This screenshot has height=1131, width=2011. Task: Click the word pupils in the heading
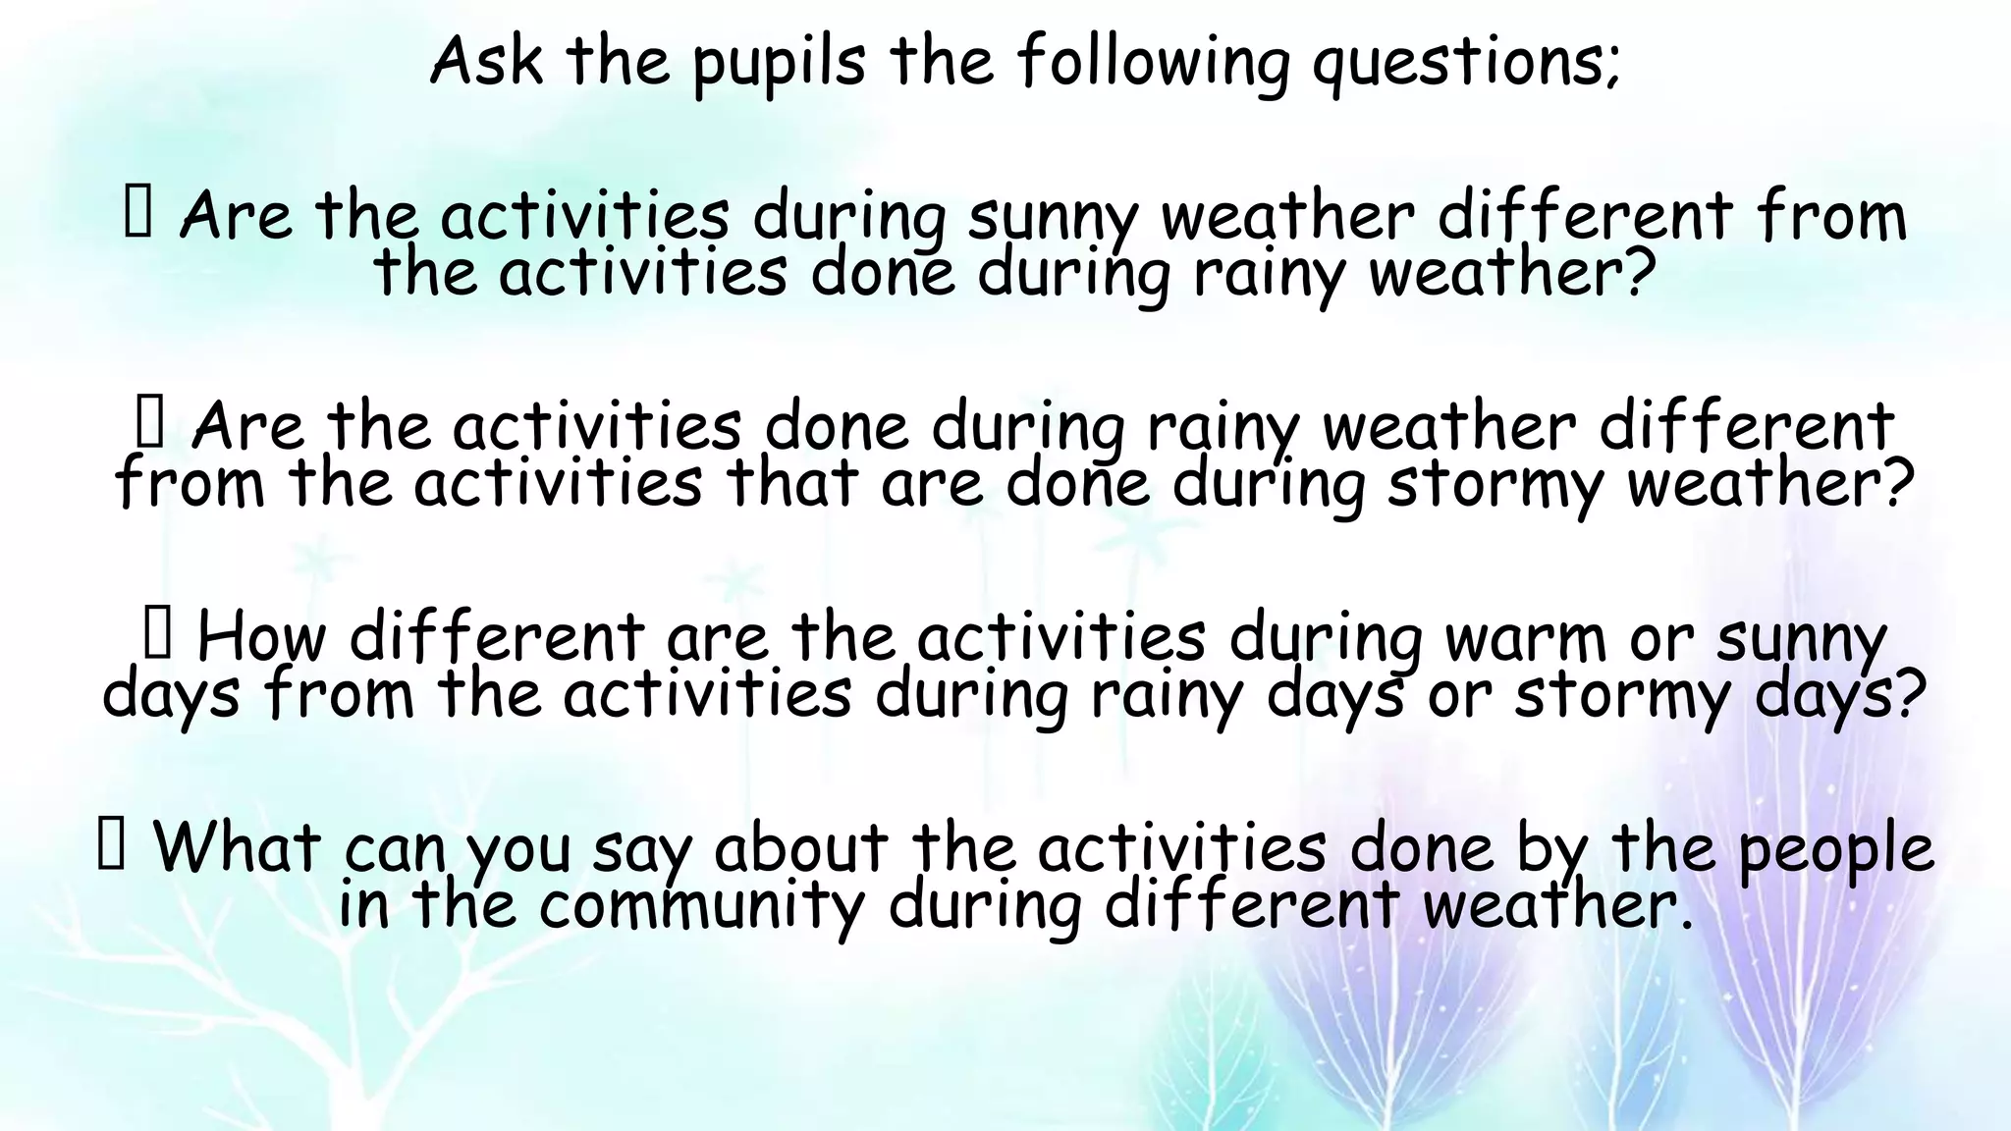778,63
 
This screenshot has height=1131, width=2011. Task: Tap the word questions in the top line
1464,63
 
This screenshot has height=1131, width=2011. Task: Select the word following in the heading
1152,63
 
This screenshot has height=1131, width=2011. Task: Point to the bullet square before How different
158,633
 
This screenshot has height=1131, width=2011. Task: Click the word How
260,637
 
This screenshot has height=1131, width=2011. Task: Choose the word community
701,905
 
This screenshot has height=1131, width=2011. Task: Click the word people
1835,848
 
